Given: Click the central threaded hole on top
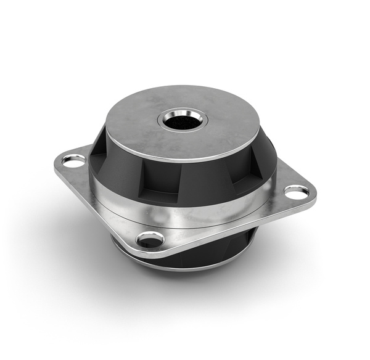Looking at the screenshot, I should tap(183, 121).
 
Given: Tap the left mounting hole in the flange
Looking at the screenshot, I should tap(73, 161).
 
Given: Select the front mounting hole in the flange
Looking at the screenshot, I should tap(150, 239).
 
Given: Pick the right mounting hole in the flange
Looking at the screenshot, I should tap(297, 192).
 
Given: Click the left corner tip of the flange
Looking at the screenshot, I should tap(56, 163).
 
